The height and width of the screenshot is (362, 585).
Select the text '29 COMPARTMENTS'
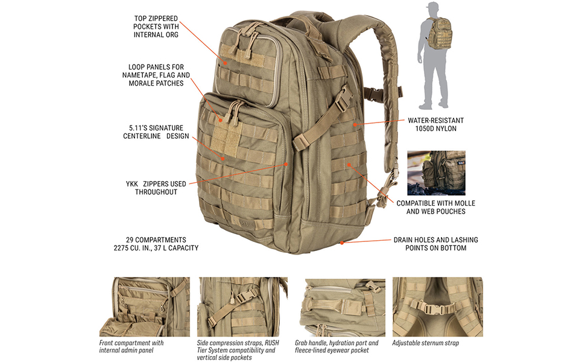(156, 240)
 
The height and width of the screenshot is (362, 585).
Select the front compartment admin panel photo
(144, 306)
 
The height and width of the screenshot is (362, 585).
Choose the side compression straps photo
(242, 306)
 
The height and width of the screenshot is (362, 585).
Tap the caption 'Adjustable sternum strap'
(425, 343)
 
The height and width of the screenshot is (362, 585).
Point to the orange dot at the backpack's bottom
(342, 243)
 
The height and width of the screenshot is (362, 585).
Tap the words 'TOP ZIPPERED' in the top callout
(156, 19)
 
